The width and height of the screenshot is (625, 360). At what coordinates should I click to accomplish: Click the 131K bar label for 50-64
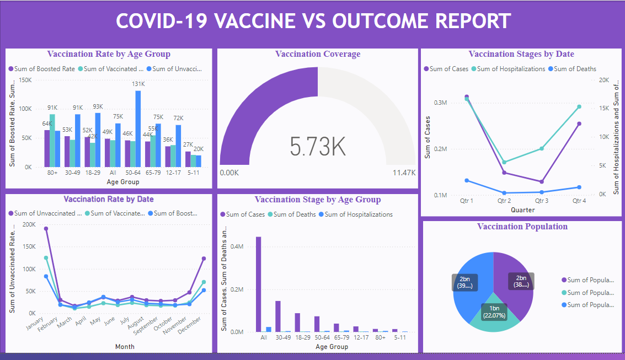pyautogui.click(x=138, y=84)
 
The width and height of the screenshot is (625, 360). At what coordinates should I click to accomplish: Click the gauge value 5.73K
pyautogui.click(x=318, y=146)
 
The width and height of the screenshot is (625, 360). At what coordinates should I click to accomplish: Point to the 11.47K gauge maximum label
pyautogui.click(x=404, y=173)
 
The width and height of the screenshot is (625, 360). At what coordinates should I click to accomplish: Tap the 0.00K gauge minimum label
pyautogui.click(x=229, y=173)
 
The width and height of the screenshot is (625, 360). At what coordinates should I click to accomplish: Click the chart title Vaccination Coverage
pyautogui.click(x=318, y=54)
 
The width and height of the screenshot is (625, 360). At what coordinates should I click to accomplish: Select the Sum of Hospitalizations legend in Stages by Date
pyautogui.click(x=511, y=69)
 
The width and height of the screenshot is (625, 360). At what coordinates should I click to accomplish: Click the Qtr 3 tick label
pyautogui.click(x=542, y=201)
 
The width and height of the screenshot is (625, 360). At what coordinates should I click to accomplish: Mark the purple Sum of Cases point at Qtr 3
pyautogui.click(x=542, y=181)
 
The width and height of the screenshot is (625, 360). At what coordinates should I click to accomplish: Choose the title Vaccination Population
pyautogui.click(x=522, y=226)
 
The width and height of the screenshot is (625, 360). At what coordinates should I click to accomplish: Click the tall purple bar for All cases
pyautogui.click(x=258, y=284)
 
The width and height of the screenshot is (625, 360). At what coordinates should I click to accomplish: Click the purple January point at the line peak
pyautogui.click(x=46, y=228)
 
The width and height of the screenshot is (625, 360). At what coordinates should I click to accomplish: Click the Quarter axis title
pyautogui.click(x=522, y=210)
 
